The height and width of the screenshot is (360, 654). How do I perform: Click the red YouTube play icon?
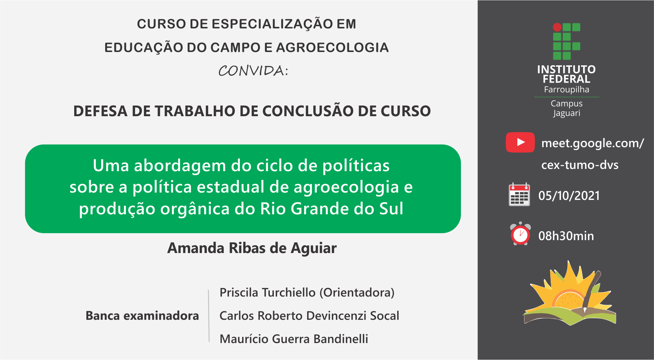520,142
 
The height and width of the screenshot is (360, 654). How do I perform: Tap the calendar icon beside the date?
519,194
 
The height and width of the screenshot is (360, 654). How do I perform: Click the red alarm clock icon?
520,234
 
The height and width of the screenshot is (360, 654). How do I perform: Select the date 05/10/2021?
569,195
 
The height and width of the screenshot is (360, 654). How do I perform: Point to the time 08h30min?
566,236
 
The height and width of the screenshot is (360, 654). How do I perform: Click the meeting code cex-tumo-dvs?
580,165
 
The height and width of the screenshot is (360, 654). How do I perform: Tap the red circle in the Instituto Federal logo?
557,27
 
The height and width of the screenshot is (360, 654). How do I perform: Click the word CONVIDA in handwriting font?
253,70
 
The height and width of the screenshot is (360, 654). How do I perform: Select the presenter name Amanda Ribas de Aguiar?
252,248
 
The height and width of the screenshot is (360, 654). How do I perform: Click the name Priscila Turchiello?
268,292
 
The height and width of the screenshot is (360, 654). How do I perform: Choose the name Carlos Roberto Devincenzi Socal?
309,316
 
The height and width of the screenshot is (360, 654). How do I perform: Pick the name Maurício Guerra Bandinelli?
294,339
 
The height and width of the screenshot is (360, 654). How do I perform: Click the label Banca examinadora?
142,316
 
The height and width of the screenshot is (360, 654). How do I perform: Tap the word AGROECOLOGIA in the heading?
333,48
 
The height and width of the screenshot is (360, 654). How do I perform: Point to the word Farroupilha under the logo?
567,90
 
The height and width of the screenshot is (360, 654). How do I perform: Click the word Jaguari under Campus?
567,113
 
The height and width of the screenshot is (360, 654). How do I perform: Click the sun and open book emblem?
570,293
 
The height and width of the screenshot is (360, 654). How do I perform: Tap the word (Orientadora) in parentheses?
357,292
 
